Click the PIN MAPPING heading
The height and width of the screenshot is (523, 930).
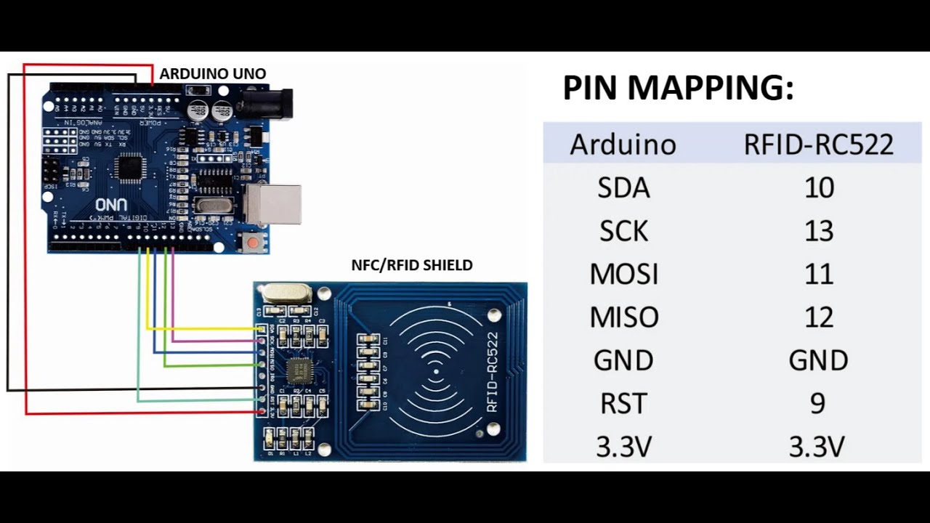tap(678, 88)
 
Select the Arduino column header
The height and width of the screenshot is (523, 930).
tap(623, 145)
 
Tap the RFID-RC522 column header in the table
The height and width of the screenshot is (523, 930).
tap(818, 145)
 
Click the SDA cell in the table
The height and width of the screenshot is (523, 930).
tap(623, 188)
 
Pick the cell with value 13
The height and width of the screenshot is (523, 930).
tap(818, 231)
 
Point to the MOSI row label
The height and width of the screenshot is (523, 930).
tap(623, 275)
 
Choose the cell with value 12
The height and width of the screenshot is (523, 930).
tap(818, 317)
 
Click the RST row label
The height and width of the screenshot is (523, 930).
tap(623, 403)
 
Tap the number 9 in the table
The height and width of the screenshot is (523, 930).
tap(817, 403)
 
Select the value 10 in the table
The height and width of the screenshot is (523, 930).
tap(818, 188)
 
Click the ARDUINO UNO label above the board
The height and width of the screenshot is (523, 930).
tap(212, 74)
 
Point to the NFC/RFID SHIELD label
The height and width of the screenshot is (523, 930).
tap(411, 266)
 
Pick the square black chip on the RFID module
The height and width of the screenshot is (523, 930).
tap(296, 370)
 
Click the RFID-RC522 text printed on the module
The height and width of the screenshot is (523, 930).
tap(493, 372)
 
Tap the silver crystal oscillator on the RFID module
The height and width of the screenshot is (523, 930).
tap(286, 293)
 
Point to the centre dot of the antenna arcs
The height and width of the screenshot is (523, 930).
tap(436, 372)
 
